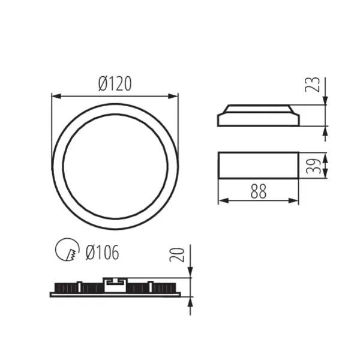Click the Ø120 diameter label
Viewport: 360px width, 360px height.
tap(115, 85)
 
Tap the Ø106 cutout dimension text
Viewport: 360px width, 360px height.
tap(102, 253)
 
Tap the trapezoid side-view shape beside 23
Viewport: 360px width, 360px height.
tap(258, 116)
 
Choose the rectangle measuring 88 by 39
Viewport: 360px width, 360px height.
tap(258, 166)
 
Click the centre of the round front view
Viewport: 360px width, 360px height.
tap(115, 165)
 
